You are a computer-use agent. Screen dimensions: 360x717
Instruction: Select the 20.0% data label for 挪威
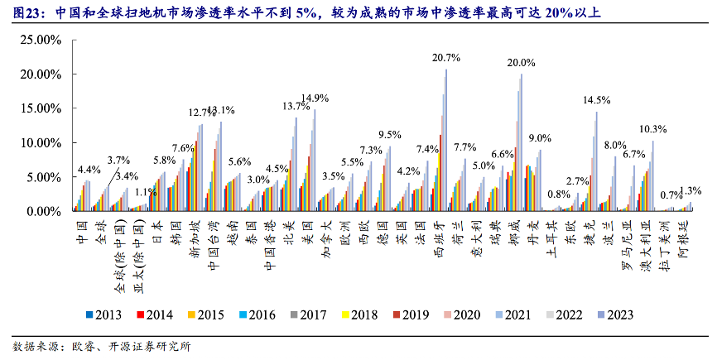tap(521, 63)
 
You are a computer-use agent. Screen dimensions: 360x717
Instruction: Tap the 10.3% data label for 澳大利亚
tap(653, 129)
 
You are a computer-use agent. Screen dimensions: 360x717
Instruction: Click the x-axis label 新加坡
tap(195, 237)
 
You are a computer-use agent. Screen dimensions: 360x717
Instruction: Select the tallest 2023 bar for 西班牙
tap(446, 141)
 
